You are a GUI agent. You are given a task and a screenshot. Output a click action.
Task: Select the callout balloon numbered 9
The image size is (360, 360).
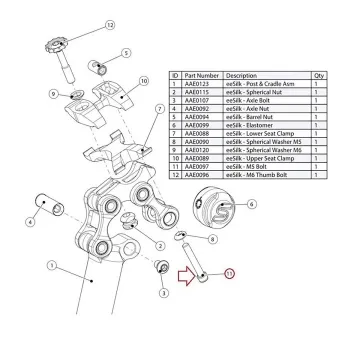click(x=53, y=96)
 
